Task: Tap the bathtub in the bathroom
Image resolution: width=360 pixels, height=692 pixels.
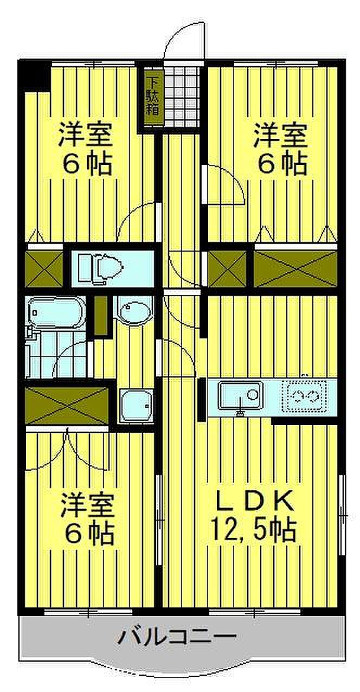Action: (x=54, y=313)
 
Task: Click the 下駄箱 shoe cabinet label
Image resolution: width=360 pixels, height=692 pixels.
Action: (x=152, y=97)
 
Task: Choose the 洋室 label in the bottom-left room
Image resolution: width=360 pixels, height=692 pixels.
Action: (x=87, y=505)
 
